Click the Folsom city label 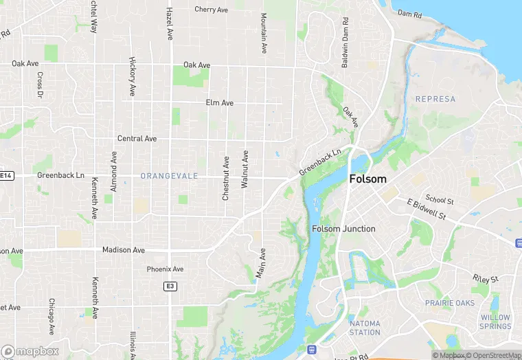(368, 179)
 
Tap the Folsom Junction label (343, 229)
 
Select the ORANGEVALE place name (169, 177)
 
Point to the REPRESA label (435, 99)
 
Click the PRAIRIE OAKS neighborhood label (449, 303)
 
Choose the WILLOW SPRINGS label (495, 322)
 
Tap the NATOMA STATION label (365, 328)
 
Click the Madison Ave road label (124, 250)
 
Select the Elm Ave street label (220, 103)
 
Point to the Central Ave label (137, 139)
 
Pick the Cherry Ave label (211, 10)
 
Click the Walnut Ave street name (245, 169)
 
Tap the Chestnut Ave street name (225, 177)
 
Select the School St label (440, 199)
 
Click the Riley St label (485, 278)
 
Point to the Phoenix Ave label (166, 269)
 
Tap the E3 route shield (170, 285)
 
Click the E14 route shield (6, 176)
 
